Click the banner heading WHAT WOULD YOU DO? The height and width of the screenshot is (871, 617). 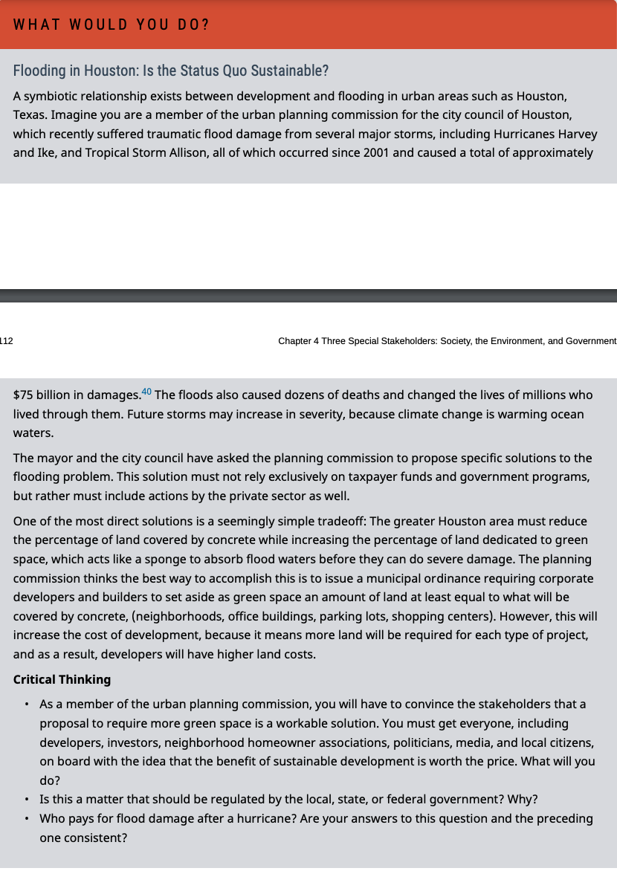112,25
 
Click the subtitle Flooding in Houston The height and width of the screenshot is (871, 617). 170,71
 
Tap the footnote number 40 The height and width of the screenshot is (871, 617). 146,392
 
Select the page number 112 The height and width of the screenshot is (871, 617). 6,341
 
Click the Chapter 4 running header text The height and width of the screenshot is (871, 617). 447,341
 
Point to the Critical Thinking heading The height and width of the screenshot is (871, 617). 62,679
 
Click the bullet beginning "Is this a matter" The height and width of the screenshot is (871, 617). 288,799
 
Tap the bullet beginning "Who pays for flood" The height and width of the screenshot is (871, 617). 316,818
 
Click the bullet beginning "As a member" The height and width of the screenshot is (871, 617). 312,704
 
